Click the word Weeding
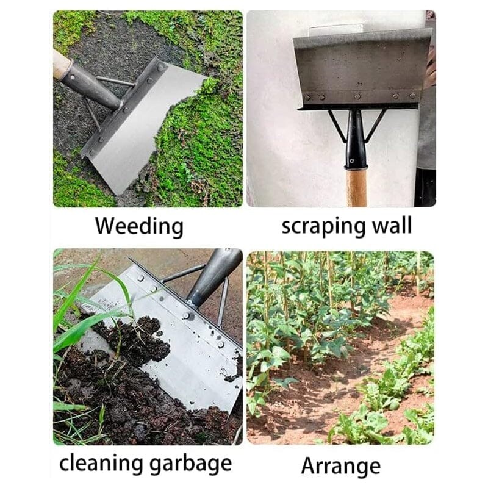139,226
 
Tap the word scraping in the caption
320,226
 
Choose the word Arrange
340,465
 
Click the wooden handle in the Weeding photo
61,63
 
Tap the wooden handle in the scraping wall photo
357,187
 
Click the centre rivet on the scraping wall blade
357,95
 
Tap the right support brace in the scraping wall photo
376,125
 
